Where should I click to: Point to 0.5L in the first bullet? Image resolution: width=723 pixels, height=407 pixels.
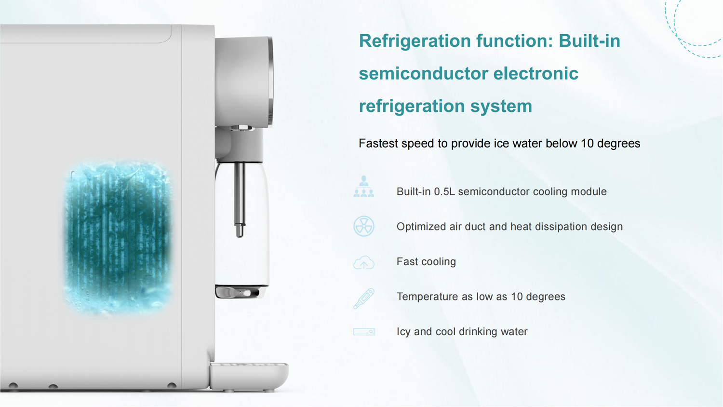444,192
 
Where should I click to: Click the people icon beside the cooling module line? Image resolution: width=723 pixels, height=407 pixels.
363,187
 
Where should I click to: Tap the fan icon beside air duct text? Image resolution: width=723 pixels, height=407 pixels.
363,226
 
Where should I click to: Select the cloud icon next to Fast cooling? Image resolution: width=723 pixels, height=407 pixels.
363,263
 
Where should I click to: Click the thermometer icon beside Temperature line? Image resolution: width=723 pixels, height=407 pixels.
363,298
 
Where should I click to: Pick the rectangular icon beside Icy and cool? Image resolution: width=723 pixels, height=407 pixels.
363,332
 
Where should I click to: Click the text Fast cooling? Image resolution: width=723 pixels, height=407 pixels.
426,262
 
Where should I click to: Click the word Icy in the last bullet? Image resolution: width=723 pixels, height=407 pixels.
403,332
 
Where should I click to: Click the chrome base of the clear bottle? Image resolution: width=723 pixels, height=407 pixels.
240,292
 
